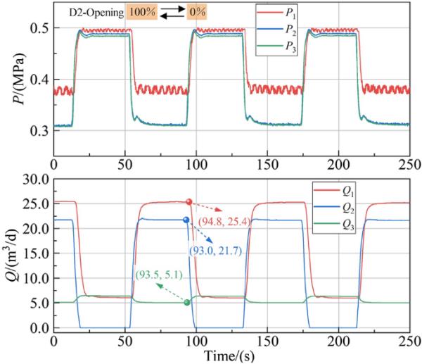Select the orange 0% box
pyautogui.click(x=196, y=13)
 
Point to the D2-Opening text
pyautogui.click(x=96, y=13)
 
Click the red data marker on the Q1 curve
pyautogui.click(x=188, y=202)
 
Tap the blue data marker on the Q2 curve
pyautogui.click(x=186, y=220)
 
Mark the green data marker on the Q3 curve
pyautogui.click(x=187, y=303)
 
